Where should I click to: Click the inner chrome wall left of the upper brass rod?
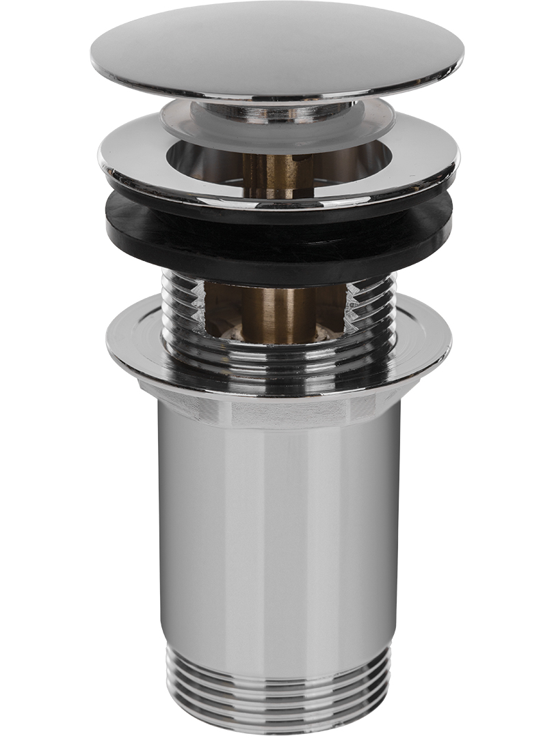tap(205, 161)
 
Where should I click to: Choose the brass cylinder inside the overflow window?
tap(277, 311)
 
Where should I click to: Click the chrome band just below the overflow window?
tap(277, 355)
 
